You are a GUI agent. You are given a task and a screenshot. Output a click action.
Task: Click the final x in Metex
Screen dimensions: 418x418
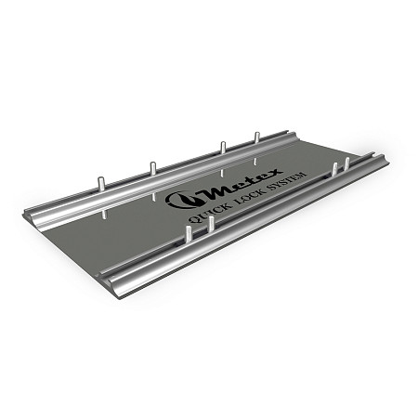pos(275,172)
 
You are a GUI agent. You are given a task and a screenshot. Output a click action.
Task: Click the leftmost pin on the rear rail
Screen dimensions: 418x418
pos(101,187)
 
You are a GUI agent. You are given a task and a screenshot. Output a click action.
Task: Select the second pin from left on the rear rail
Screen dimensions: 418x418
pos(153,169)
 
